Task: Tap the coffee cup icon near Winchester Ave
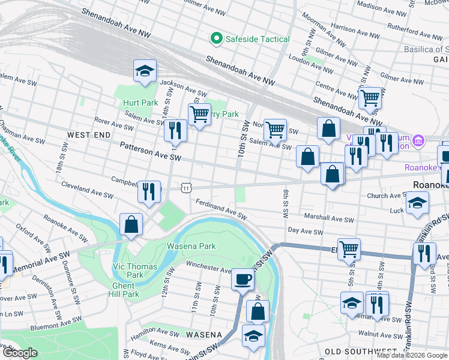coord(243,279)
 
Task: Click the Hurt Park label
coord(139,103)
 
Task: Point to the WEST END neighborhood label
coord(89,136)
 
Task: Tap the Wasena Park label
coord(191,246)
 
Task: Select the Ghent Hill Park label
coord(124,290)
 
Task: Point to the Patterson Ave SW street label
coord(150,151)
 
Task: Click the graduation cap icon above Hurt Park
coord(144,71)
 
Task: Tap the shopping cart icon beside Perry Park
coord(199,113)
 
